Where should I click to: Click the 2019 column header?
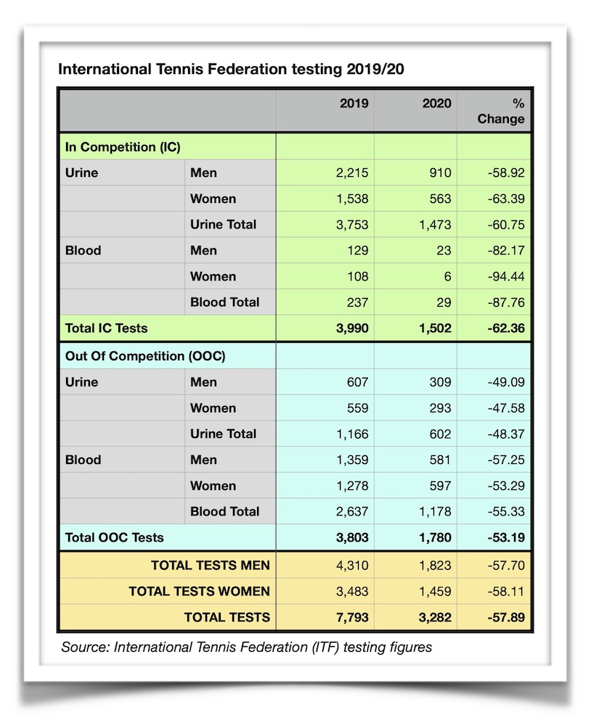[x=354, y=103]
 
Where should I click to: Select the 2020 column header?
[x=436, y=103]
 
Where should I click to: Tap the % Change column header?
[x=500, y=111]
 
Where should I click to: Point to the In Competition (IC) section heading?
[x=123, y=146]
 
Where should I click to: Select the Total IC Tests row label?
[x=106, y=328]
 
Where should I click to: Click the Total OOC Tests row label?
[x=114, y=537]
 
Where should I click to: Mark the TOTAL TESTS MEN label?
[x=210, y=565]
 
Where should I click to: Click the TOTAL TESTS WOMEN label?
[x=199, y=592]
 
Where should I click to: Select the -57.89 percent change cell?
[x=506, y=618]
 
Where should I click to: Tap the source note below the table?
[x=246, y=647]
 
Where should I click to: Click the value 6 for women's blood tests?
[x=447, y=276]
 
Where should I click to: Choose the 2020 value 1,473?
[x=435, y=225]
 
